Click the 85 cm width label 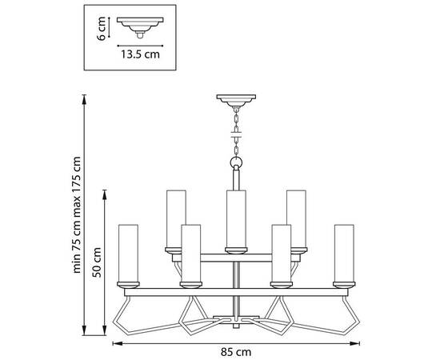point(236,352)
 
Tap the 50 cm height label point(97,262)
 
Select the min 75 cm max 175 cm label point(76,214)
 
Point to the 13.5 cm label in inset point(140,54)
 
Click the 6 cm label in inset point(102,29)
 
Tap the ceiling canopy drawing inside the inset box point(140,27)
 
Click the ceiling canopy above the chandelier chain point(236,101)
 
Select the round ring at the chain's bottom point(236,162)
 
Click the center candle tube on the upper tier point(236,218)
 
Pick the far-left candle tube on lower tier point(128,253)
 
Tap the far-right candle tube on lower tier point(344,253)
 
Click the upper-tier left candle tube point(176,218)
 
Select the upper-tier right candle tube point(297,218)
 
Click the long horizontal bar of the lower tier point(236,292)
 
